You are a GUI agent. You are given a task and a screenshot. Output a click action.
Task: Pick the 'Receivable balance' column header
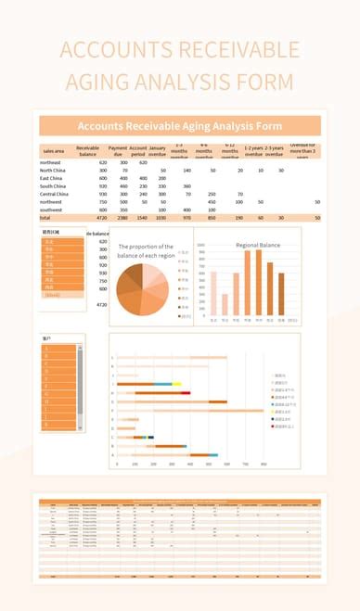coord(88,150)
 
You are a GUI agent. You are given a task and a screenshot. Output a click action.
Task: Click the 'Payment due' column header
coord(118,150)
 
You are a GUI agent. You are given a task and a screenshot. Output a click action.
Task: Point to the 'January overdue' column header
coord(158,150)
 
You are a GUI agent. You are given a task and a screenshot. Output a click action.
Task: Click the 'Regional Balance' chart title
coord(258,245)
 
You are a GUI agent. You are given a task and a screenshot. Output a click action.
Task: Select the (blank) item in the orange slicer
coord(54,294)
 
